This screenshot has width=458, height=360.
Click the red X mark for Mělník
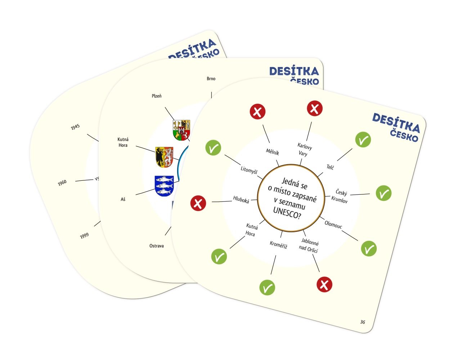point(257,112)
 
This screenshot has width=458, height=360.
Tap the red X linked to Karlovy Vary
point(315,108)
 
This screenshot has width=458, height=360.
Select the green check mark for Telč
point(363,140)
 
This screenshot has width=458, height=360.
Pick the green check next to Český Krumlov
point(383,193)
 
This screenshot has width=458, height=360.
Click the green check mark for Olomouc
point(369,249)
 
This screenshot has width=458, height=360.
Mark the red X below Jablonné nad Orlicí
point(324,285)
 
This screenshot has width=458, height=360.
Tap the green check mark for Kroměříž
point(267,288)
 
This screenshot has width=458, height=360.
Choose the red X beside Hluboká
point(198,203)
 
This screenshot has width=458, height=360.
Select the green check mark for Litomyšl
point(213,148)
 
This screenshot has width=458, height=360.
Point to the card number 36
point(363,322)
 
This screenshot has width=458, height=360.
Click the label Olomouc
point(333,224)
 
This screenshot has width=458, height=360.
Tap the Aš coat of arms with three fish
point(164,186)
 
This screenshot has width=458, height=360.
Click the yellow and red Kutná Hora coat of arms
point(164,157)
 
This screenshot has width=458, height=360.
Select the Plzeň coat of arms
point(181,130)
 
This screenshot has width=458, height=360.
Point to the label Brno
point(211,78)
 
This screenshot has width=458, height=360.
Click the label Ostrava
point(157,246)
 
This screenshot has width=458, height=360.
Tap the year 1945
point(75,127)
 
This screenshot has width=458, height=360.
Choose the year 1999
point(84,236)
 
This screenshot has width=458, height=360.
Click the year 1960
point(62,183)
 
